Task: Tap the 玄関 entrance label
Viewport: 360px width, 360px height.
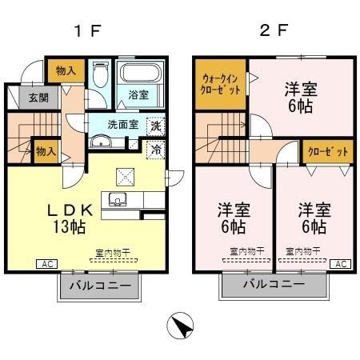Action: coord(27,98)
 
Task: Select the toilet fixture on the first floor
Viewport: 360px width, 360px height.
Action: coord(98,78)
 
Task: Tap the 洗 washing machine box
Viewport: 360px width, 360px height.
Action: coord(156,126)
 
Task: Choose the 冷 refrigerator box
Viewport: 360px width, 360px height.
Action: coord(156,150)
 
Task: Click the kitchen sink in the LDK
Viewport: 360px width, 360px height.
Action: coord(122,200)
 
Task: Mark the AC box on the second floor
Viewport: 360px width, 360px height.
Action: coord(339,264)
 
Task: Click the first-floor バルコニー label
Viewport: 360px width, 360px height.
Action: coord(101,285)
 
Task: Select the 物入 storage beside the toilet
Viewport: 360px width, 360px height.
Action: coord(66,70)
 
